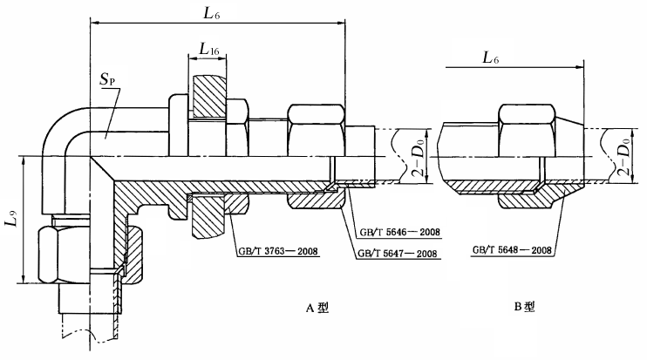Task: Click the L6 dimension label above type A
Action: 212,13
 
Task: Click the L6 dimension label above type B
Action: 491,58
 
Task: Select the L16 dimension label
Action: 209,50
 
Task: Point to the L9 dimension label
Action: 11,218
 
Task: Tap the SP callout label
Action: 107,79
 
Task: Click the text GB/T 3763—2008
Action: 277,251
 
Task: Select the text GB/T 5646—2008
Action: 400,232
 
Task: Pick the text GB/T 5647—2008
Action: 397,253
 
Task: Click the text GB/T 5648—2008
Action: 512,250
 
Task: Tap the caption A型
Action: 317,307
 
